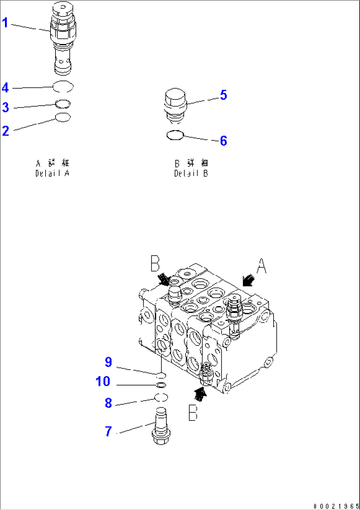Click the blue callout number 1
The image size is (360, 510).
(5, 23)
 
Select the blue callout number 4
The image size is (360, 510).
(5, 88)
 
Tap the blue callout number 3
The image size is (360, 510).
(6, 107)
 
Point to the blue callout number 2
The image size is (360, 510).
(6, 131)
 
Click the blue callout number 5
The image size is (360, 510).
(224, 95)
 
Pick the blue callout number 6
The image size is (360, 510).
(224, 141)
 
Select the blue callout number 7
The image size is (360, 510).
(108, 431)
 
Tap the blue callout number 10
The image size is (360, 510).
(103, 382)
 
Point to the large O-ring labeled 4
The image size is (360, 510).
(63, 87)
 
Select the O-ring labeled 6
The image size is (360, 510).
(175, 135)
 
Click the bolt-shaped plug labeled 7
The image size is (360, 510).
(161, 426)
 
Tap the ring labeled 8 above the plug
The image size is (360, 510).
(161, 397)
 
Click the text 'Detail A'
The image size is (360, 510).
(53, 173)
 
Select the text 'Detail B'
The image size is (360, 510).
(191, 173)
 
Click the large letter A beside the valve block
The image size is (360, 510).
(261, 266)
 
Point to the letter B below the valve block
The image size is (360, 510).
(193, 413)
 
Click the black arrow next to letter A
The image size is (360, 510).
(248, 280)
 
